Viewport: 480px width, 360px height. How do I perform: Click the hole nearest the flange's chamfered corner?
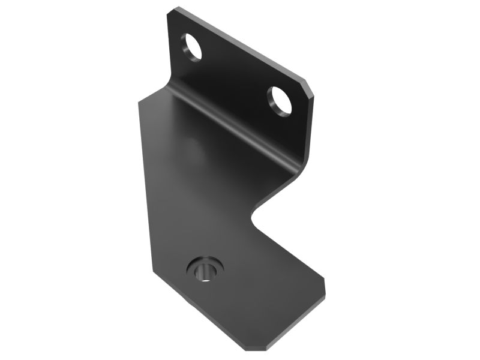[x=280, y=101]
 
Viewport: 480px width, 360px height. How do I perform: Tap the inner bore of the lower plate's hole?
[x=203, y=272]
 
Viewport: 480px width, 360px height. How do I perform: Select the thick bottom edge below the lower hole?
[x=210, y=321]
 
